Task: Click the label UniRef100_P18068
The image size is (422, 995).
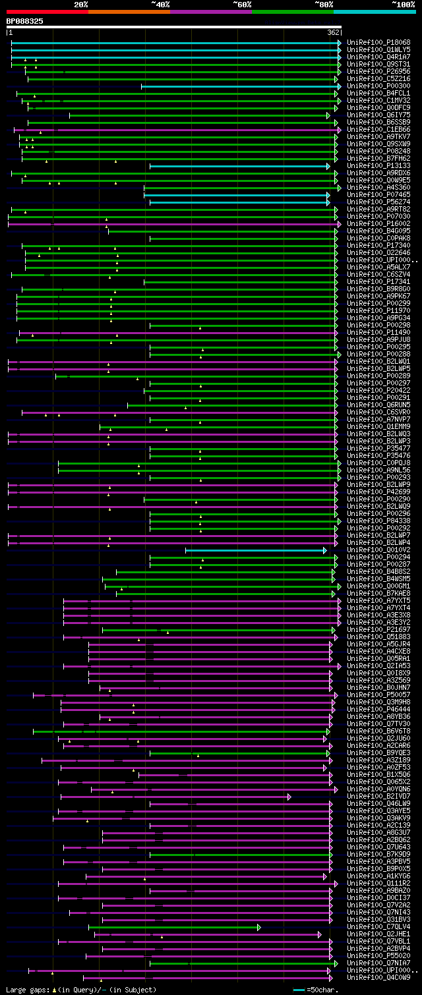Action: (369, 42)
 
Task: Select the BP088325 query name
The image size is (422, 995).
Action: (25, 21)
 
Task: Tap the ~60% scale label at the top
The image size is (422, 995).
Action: (242, 4)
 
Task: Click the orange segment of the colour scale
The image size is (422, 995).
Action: (129, 11)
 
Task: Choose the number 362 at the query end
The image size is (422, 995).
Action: (333, 32)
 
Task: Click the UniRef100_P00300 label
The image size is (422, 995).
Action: (369, 86)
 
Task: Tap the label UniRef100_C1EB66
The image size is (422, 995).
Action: (369, 130)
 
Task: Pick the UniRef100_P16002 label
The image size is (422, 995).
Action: (369, 223)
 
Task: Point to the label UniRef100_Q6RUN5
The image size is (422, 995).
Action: (369, 405)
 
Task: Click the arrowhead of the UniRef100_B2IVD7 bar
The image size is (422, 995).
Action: (289, 797)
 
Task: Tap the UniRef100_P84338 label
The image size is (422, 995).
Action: (369, 521)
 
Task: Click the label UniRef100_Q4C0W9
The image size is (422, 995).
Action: (369, 978)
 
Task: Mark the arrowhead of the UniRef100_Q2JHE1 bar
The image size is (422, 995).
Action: (320, 934)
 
